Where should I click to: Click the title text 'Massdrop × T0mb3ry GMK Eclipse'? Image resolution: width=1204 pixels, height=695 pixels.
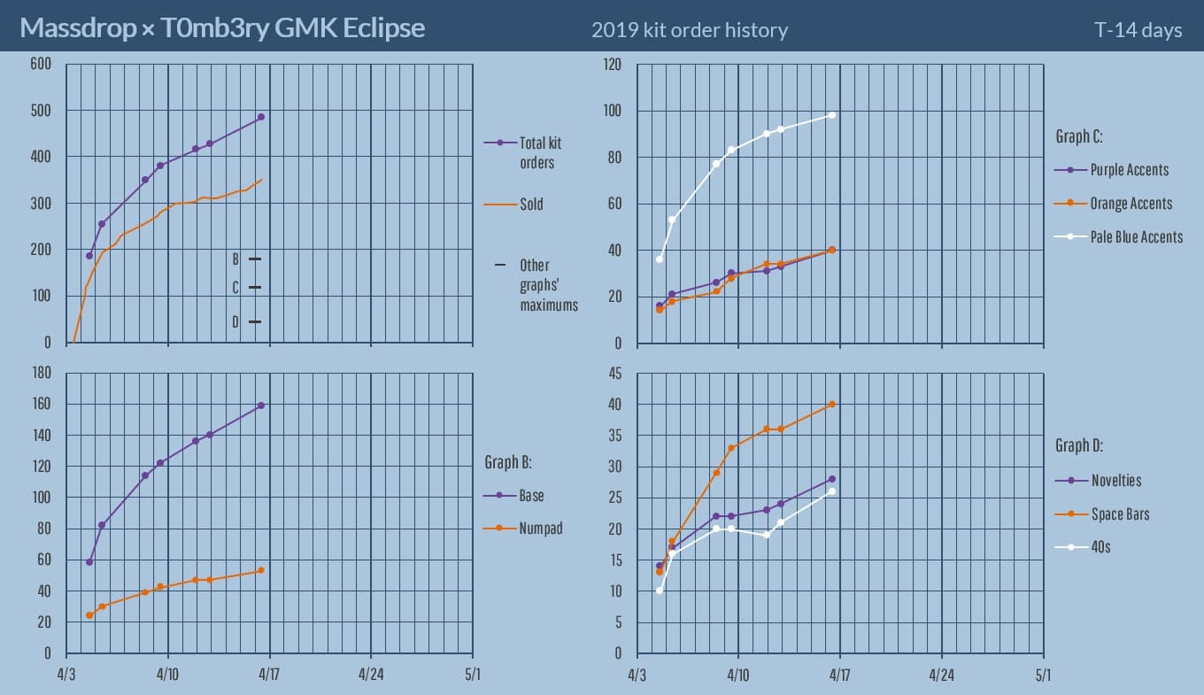(222, 28)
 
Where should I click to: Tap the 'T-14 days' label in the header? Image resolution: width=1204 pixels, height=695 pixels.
(1138, 30)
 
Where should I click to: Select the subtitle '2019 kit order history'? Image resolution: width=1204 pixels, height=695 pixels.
(689, 30)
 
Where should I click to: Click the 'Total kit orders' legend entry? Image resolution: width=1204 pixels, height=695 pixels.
(540, 152)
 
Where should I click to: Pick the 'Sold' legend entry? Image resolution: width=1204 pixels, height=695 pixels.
(531, 205)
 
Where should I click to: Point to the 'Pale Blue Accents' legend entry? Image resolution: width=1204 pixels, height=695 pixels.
(1136, 236)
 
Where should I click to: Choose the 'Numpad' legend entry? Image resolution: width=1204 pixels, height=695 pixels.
(540, 529)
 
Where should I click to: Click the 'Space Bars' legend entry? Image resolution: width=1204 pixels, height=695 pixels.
(1119, 514)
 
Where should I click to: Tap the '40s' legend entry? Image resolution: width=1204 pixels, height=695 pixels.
(1100, 547)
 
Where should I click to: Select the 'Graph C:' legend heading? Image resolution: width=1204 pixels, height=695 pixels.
(1078, 136)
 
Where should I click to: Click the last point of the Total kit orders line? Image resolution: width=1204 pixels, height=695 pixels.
(261, 117)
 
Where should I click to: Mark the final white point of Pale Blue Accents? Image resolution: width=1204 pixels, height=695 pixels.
(832, 115)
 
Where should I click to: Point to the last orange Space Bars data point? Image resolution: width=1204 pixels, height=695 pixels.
(832, 405)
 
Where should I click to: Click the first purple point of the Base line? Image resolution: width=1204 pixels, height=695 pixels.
(89, 562)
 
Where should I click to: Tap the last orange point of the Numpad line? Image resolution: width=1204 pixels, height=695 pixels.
(261, 570)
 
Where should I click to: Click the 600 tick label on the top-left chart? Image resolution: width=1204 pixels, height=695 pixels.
(41, 64)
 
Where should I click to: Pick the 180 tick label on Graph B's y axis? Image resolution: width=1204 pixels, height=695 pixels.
(41, 374)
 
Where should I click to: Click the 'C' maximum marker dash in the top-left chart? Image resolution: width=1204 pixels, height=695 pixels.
(255, 288)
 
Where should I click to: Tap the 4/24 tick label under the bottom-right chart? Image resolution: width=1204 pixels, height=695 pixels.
(941, 675)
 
